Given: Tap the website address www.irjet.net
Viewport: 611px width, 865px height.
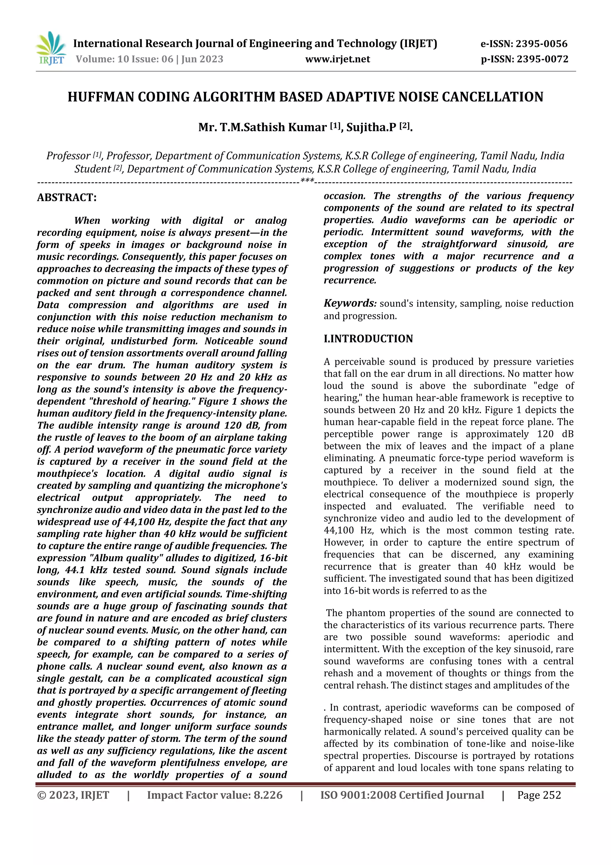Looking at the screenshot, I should (337, 59).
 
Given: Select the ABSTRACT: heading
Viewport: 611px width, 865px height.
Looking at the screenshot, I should (67, 197).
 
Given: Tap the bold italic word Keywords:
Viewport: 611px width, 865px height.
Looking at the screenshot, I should (350, 303).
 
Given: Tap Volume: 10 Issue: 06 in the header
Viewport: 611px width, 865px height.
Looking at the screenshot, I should (124, 59).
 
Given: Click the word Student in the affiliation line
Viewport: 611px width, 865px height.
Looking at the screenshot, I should (92, 169).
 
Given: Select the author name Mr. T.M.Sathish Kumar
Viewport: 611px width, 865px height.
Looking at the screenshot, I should (262, 127).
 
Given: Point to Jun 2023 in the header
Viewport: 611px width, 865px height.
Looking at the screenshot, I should (202, 59).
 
